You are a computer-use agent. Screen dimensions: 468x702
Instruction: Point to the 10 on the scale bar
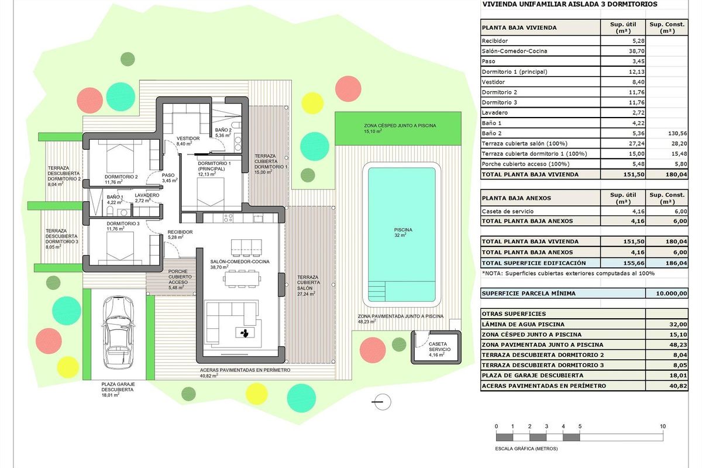663,426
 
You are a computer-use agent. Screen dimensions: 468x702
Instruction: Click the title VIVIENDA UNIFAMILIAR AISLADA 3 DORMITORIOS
569,4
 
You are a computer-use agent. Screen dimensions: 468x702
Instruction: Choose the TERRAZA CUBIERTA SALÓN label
308,285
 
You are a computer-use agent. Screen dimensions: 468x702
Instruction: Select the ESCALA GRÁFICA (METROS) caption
526,449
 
